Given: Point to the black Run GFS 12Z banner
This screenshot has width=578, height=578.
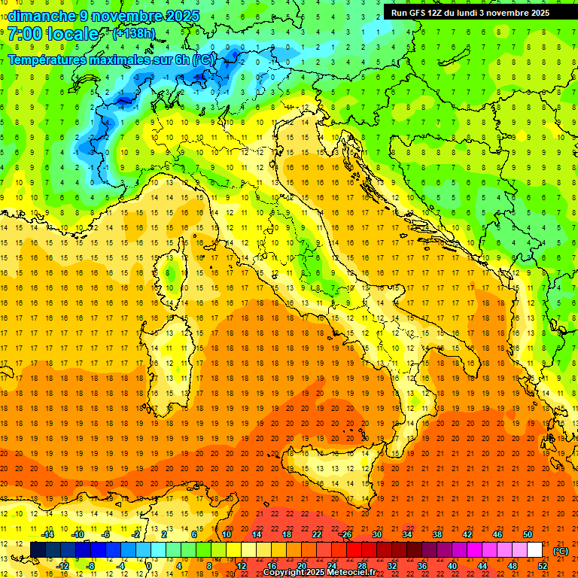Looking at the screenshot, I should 470,12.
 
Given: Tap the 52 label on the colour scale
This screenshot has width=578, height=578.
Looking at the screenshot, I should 543,565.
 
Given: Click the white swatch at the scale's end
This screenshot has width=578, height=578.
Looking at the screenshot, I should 534,550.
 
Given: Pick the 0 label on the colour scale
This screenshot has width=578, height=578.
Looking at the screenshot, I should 150,565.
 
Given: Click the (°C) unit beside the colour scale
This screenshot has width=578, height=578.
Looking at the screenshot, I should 561,551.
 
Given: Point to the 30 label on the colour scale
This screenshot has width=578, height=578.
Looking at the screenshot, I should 377,534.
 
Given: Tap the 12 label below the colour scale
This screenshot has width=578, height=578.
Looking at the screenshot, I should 241,565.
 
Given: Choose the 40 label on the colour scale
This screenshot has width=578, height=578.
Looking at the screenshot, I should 452,565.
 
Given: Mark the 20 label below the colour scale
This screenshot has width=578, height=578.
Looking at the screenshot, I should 301,565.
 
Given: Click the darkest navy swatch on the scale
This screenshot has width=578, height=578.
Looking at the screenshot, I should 38,550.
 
